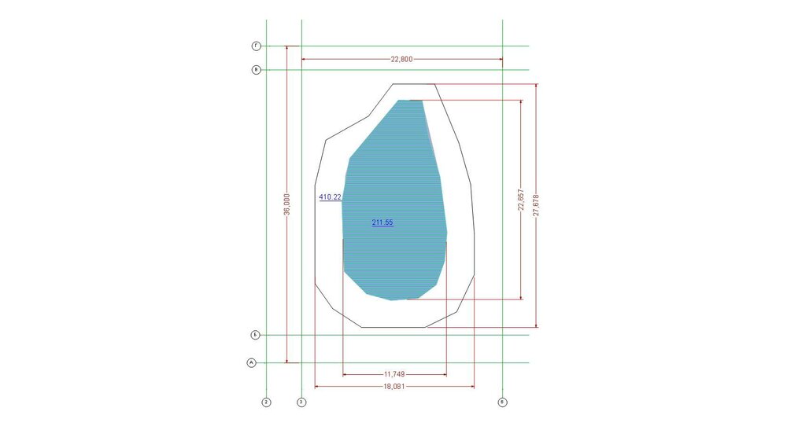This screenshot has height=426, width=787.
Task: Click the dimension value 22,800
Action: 401,59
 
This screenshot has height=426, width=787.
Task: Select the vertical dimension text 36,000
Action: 286,204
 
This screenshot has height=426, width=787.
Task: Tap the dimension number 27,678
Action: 536,205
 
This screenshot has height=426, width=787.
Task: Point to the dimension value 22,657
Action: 520,200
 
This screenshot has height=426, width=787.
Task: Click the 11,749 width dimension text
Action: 394,374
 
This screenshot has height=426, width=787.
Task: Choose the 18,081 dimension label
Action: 394,387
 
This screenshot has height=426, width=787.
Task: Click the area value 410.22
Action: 331,197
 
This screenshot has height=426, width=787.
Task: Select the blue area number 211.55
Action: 382,222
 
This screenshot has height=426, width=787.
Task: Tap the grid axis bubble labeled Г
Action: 256,46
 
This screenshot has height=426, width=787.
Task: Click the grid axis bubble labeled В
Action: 256,70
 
